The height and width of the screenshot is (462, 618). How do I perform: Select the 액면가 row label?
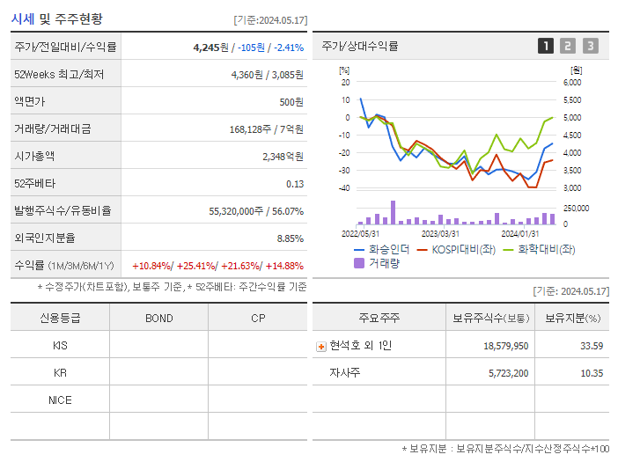[x=29, y=102]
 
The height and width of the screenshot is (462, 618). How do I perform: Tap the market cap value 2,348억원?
[x=283, y=157]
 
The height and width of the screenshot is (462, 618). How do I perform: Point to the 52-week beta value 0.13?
[x=295, y=184]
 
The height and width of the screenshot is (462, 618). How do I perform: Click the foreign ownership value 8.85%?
[x=290, y=238]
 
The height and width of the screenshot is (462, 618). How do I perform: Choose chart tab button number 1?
[x=546, y=46]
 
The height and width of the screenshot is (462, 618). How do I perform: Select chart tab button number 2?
[x=568, y=46]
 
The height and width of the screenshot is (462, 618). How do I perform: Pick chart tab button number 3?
[x=590, y=46]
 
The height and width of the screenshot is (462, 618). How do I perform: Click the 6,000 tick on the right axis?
[x=571, y=82]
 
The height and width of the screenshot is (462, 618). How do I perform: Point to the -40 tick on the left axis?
[x=344, y=188]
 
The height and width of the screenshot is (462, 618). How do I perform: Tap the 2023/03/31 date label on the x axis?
[x=440, y=234]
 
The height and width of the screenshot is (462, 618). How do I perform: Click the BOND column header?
[x=158, y=318]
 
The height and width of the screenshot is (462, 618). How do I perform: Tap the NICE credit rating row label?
[x=60, y=400]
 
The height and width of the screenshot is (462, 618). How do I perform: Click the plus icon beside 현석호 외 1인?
[x=320, y=346]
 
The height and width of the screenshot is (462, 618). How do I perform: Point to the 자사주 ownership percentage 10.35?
[x=592, y=373]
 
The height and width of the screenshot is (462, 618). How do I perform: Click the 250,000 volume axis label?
[x=577, y=208]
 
